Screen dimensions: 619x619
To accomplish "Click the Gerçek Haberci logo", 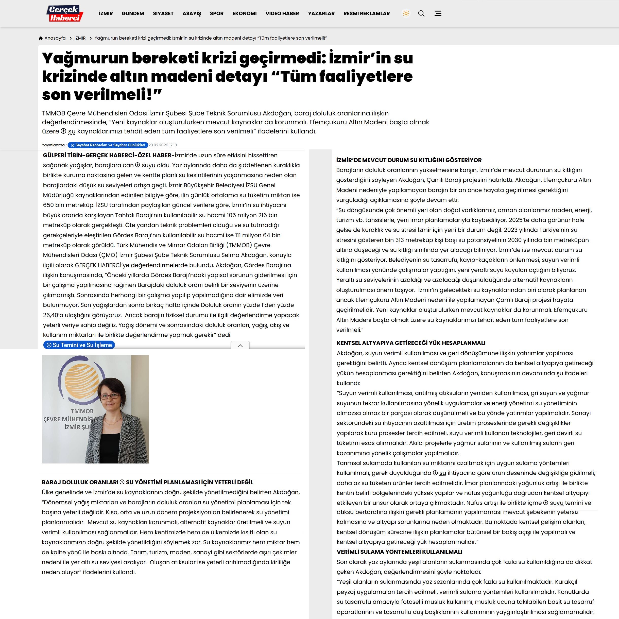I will (65, 13).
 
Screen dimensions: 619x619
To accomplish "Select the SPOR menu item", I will (217, 13).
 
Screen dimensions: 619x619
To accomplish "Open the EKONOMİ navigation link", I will (245, 13).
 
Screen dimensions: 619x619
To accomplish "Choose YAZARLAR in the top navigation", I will (321, 13).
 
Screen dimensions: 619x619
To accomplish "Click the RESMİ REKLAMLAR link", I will (367, 13).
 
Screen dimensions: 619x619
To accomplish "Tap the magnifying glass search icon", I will (421, 13).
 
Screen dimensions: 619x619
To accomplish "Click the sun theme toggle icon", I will (406, 13).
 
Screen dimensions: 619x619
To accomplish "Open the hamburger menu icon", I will (438, 13).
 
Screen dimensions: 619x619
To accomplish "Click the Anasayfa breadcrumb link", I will (55, 38).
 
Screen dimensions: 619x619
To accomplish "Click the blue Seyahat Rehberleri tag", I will (108, 145).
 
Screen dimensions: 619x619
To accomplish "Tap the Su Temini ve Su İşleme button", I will (79, 345).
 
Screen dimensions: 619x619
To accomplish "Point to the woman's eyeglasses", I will (110, 396).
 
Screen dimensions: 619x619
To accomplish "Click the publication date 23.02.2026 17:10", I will (163, 145).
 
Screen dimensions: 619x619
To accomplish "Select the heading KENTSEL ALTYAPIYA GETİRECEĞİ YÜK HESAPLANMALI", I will (411, 343).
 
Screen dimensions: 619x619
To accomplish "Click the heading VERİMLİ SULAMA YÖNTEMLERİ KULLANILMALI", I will (399, 552).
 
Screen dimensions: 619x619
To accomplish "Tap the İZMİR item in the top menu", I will (106, 13).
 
